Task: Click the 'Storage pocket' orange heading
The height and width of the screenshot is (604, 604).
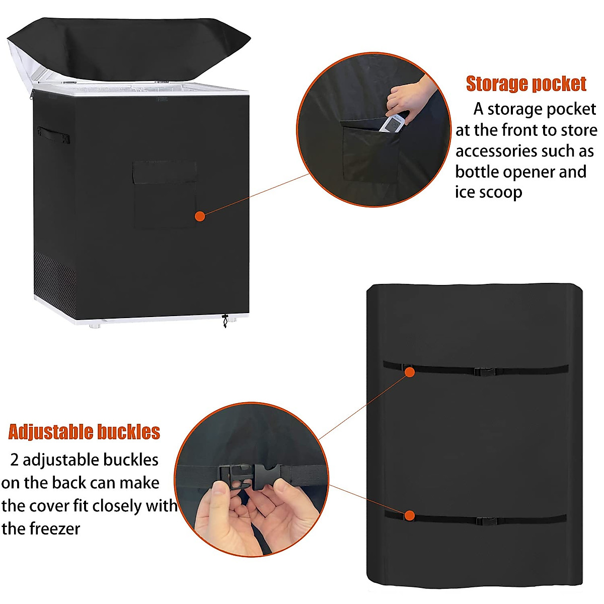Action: point(526,84)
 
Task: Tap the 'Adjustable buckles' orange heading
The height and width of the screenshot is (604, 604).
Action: point(84,432)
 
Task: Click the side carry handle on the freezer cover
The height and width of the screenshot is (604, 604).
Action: point(53,134)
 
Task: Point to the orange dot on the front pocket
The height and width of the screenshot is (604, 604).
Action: point(200,216)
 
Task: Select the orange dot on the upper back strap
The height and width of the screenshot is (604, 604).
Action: point(409,372)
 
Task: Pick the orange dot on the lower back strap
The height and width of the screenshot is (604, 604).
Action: point(410,515)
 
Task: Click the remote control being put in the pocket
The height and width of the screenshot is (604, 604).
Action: point(392,122)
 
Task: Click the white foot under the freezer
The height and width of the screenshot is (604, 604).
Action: point(94,326)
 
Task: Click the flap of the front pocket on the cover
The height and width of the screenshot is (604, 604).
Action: point(165,173)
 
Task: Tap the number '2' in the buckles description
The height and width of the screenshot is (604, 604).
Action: point(15,460)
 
